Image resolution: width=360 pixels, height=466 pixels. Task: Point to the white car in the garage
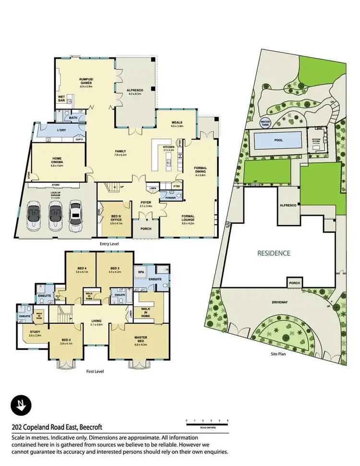coord(75,214)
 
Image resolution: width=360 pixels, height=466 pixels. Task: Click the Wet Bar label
coord(61,99)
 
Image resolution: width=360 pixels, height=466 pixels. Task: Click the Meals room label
coord(177,123)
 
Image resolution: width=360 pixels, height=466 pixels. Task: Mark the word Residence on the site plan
coord(274,253)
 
